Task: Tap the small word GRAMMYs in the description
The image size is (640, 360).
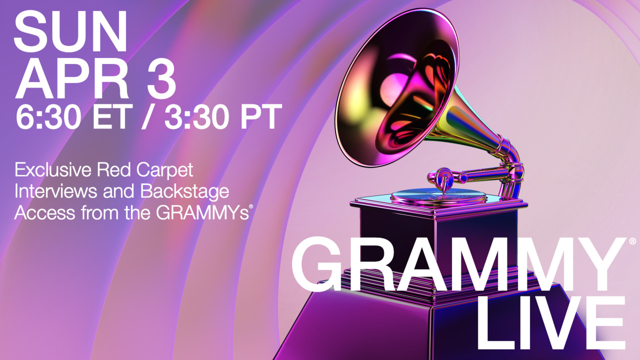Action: (202, 213)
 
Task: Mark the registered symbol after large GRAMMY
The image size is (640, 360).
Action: (632, 241)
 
